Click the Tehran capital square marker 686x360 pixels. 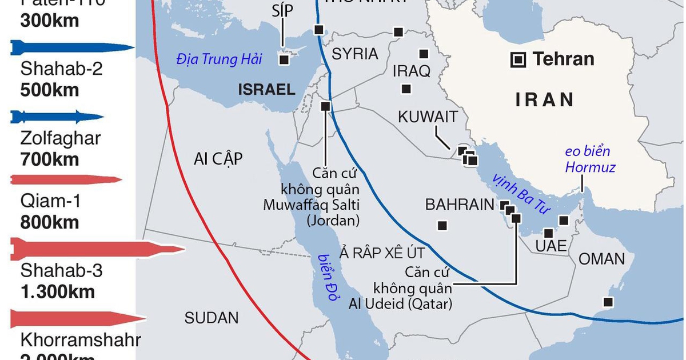click(x=519, y=58)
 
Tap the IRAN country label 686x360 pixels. click(x=545, y=99)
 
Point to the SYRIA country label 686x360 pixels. click(x=354, y=54)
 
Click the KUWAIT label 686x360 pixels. click(x=428, y=117)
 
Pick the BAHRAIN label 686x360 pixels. click(x=459, y=205)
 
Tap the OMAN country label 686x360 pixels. click(x=602, y=259)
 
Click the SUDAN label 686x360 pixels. click(x=212, y=318)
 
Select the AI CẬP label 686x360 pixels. click(x=218, y=159)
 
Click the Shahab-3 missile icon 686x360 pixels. click(x=97, y=249)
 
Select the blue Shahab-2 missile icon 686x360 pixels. click(x=71, y=47)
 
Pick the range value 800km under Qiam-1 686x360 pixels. click(x=50, y=222)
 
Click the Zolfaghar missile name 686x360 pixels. click(x=60, y=138)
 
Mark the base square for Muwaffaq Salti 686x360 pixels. click(x=326, y=106)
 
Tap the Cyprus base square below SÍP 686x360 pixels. click(x=284, y=59)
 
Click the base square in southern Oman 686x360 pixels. click(x=609, y=302)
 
